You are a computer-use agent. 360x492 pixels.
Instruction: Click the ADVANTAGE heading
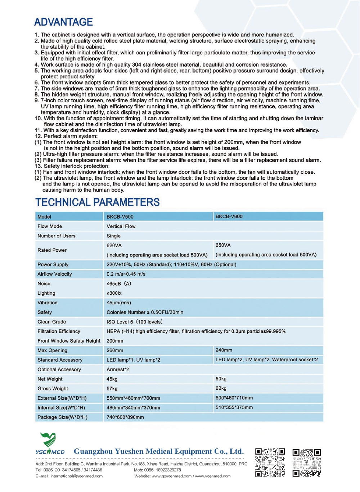[63, 22]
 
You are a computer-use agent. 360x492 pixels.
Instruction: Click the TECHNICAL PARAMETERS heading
[97, 202]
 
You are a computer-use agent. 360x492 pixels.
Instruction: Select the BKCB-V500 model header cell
[120, 217]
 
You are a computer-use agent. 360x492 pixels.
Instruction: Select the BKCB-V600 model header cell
[229, 216]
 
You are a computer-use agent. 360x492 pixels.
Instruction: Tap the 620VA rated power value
[114, 245]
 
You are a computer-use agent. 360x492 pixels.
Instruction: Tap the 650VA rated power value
[223, 245]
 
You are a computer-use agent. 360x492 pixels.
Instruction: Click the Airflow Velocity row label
[55, 274]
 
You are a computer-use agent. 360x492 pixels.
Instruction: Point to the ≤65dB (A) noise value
[119, 283]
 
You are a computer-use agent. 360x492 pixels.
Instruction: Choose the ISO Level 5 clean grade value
[134, 322]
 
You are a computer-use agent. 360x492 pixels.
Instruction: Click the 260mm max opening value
[115, 350]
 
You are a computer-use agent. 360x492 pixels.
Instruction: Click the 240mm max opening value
[224, 350]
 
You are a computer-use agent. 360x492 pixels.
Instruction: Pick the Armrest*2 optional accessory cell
[118, 370]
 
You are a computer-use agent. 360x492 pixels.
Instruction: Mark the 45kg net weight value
[112, 379]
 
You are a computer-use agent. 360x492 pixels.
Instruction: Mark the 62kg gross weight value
[221, 388]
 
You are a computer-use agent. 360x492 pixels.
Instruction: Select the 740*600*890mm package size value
[125, 417]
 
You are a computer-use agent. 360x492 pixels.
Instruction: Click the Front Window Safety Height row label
[69, 341]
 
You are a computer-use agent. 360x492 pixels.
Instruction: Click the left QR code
[270, 462]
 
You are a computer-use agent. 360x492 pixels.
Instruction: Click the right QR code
[307, 462]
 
